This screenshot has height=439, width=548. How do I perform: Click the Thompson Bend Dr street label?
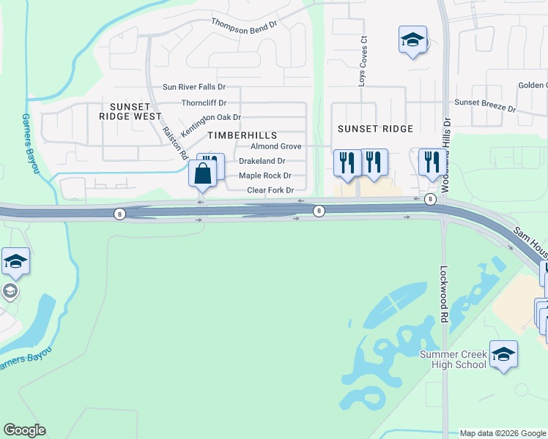[x=245, y=23]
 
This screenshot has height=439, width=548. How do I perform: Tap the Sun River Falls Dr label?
[x=193, y=87]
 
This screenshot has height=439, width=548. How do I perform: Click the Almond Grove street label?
[x=275, y=146]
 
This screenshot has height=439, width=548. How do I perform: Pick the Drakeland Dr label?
[x=262, y=161]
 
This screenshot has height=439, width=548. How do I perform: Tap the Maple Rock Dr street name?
[x=265, y=176]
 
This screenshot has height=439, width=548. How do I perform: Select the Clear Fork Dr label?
[x=270, y=190]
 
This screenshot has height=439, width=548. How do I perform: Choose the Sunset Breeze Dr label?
[x=485, y=105]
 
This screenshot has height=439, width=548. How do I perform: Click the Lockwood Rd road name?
[x=444, y=294]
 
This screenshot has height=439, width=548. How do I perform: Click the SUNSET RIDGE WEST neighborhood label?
[x=131, y=111]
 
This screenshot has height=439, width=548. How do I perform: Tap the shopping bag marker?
[x=203, y=174]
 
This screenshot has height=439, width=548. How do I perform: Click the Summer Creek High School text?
[x=452, y=359]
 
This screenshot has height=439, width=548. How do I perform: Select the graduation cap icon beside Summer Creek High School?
[x=503, y=354]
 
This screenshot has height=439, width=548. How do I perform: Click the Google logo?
[x=24, y=430]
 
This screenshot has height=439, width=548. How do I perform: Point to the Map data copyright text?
[x=502, y=433]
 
